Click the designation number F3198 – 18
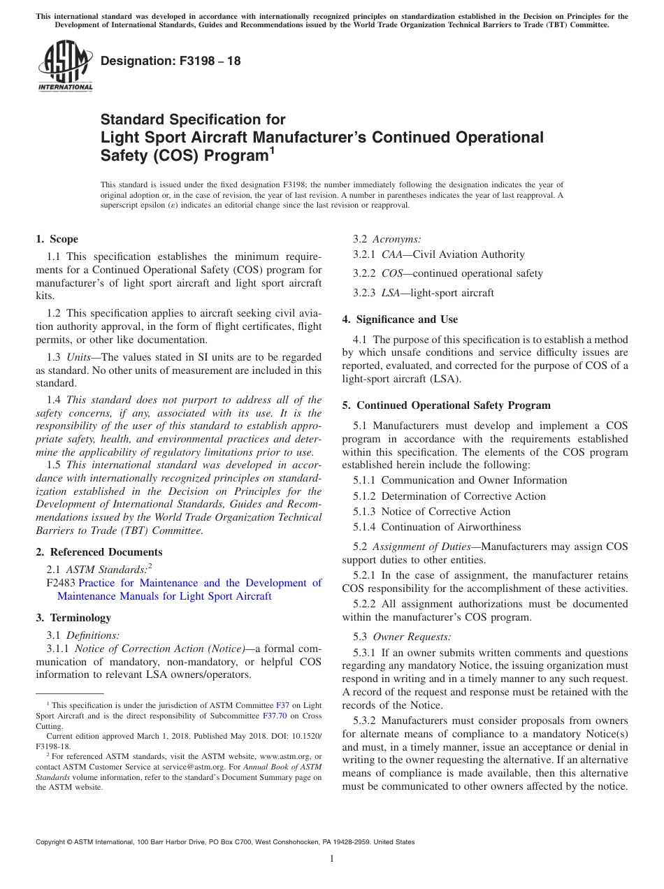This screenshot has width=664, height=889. click(x=171, y=61)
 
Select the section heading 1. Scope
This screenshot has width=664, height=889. click(x=57, y=239)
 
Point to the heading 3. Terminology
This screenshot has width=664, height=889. click(x=73, y=618)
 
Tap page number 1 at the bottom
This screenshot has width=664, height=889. click(x=332, y=859)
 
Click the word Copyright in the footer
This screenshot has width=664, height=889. click(x=51, y=842)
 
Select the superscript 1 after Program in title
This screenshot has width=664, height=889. click(x=273, y=150)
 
